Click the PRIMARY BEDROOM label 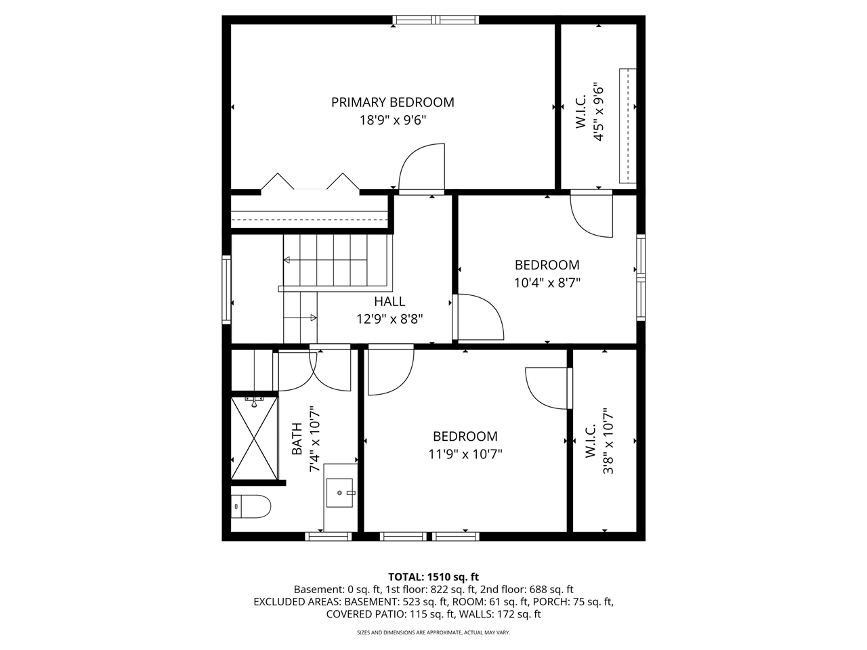pos(392,102)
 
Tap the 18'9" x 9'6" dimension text pos(392,121)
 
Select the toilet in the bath pos(250,505)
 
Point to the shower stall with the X pos(255,438)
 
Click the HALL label pos(389,301)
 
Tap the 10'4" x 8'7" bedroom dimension pos(547,282)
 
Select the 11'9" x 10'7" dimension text pos(465,454)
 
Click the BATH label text pos(297,439)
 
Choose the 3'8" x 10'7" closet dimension pos(608,443)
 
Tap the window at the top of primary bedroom pos(436,20)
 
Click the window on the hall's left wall pos(227,288)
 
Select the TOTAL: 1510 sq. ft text pos(433,577)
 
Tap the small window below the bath pos(329,536)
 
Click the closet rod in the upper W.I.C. pos(628,126)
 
